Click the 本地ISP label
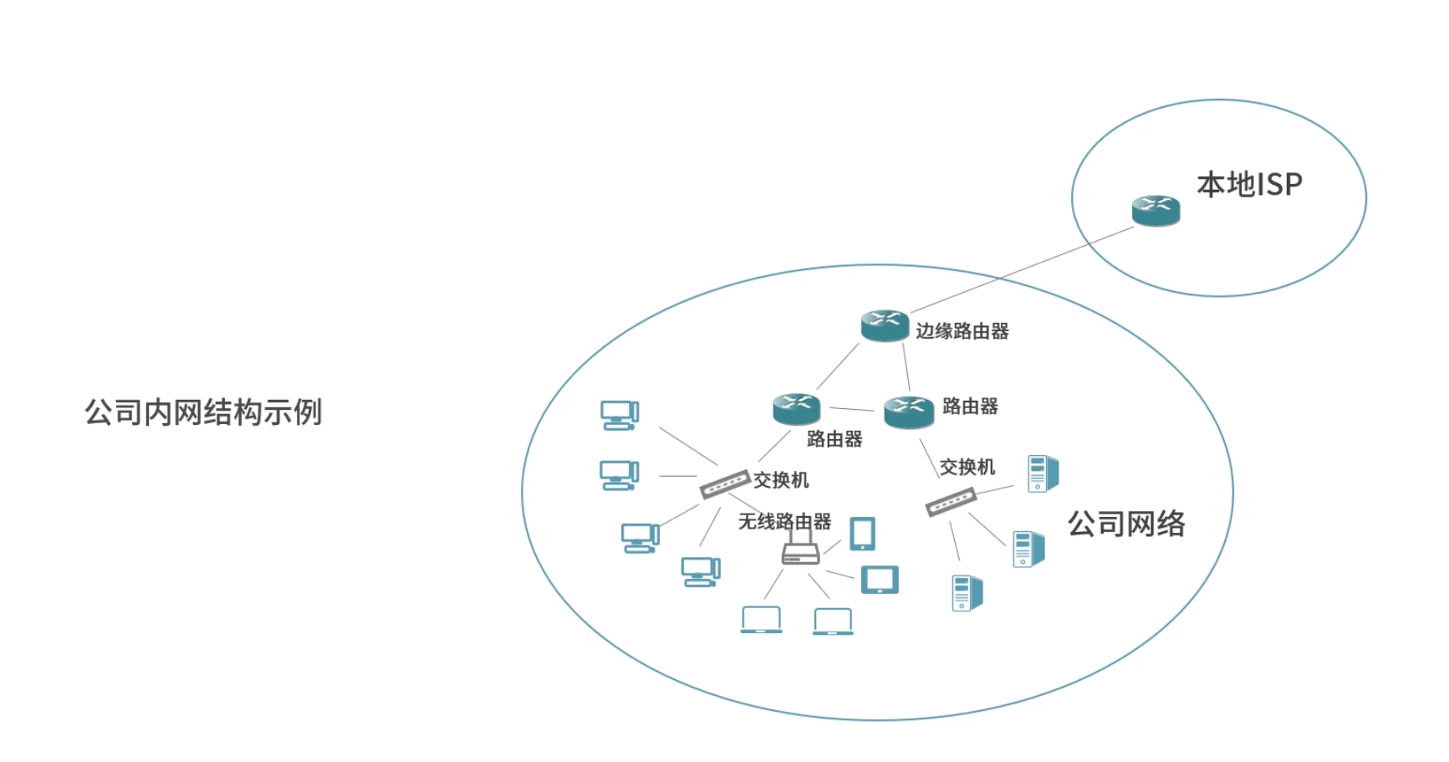[x=1249, y=185]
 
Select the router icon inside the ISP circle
[x=1156, y=211]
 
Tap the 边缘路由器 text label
[x=962, y=331]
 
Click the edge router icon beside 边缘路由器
[x=885, y=325]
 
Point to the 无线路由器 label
[x=784, y=522]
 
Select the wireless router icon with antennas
[x=800, y=550]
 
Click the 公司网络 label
[x=1126, y=524]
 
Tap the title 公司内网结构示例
[x=203, y=412]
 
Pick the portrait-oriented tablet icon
[x=862, y=534]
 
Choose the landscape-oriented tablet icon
[x=880, y=580]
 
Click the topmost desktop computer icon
[x=620, y=415]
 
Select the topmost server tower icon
[x=1042, y=473]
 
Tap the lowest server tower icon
[x=967, y=593]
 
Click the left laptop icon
[x=761, y=620]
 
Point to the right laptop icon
[x=833, y=621]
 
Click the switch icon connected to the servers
[x=951, y=502]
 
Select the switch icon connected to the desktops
[x=724, y=483]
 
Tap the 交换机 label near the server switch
[x=967, y=467]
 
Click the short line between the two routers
[x=851, y=409]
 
